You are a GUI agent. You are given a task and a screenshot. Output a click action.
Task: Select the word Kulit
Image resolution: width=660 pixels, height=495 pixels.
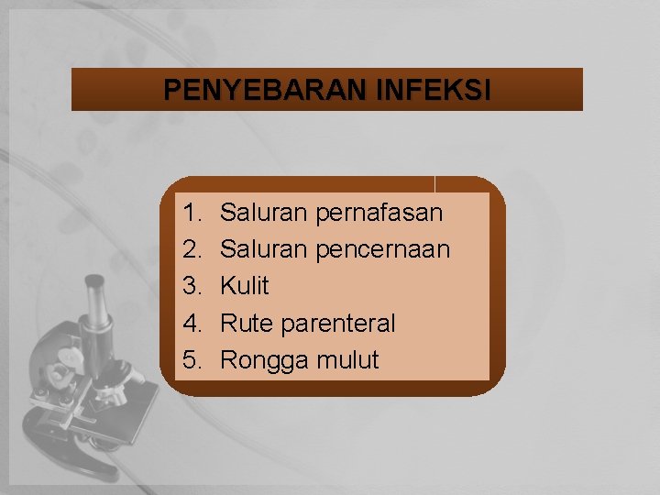click(245, 286)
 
